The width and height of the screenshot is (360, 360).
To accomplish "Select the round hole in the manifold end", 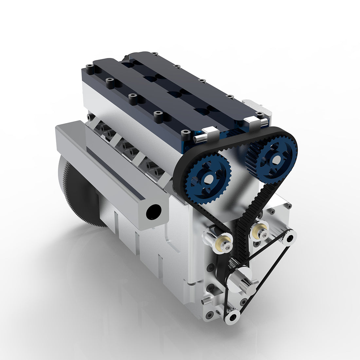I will (x=153, y=212).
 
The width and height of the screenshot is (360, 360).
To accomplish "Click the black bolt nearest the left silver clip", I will (x=186, y=135).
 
